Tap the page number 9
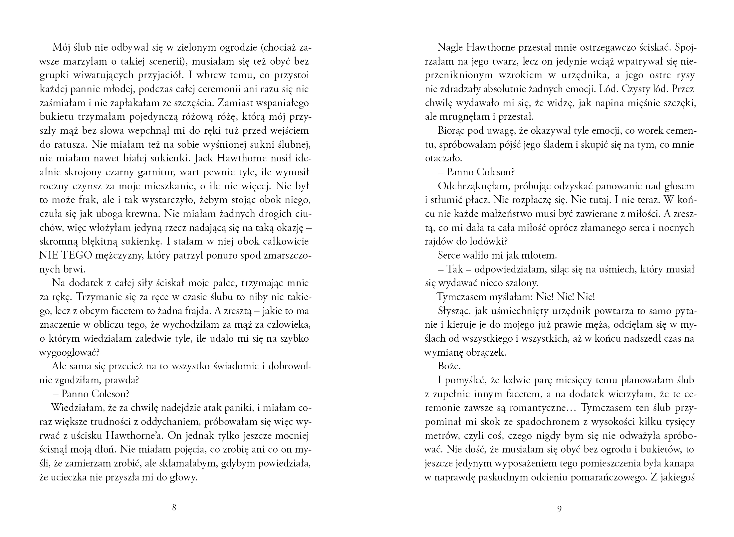(559, 508)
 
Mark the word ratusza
(71, 145)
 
